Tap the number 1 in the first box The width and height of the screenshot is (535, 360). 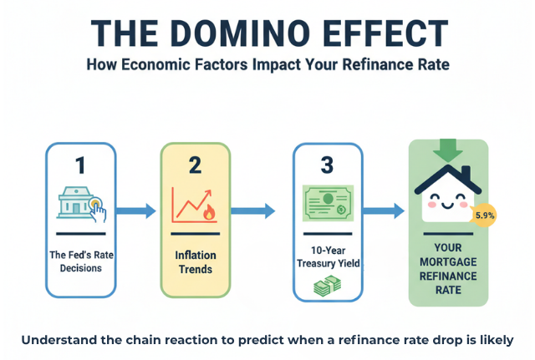click(80, 165)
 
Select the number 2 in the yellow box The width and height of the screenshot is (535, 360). click(195, 165)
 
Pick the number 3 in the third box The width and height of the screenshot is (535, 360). click(327, 165)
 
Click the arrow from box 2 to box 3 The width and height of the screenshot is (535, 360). click(254, 211)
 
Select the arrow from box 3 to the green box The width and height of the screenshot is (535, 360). click(384, 211)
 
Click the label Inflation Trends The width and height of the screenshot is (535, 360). click(194, 262)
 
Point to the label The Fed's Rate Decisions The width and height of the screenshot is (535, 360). click(80, 261)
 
